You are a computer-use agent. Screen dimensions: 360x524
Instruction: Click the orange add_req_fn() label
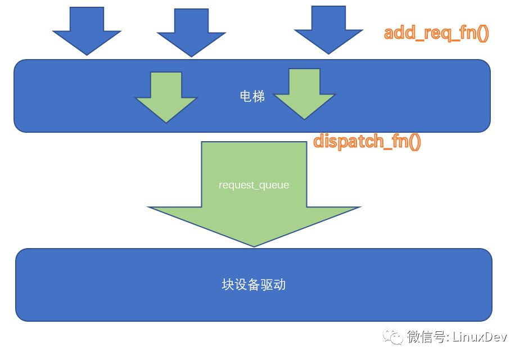coord(436,33)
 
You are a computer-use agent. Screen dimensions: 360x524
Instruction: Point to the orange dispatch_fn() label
coord(367,141)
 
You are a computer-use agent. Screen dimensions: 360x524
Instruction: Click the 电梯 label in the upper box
coord(252,96)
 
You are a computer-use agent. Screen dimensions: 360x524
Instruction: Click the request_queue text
coord(254,184)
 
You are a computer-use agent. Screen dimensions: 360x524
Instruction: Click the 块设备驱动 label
coord(254,285)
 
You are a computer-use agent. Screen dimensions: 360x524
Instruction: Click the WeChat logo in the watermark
coord(393,336)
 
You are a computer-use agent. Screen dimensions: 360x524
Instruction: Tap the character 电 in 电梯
coord(246,96)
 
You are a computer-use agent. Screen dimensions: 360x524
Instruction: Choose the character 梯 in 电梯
coord(259,96)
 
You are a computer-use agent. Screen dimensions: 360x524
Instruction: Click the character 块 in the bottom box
coord(228,285)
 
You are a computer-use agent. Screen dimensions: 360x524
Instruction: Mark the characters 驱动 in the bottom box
coord(273,285)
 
